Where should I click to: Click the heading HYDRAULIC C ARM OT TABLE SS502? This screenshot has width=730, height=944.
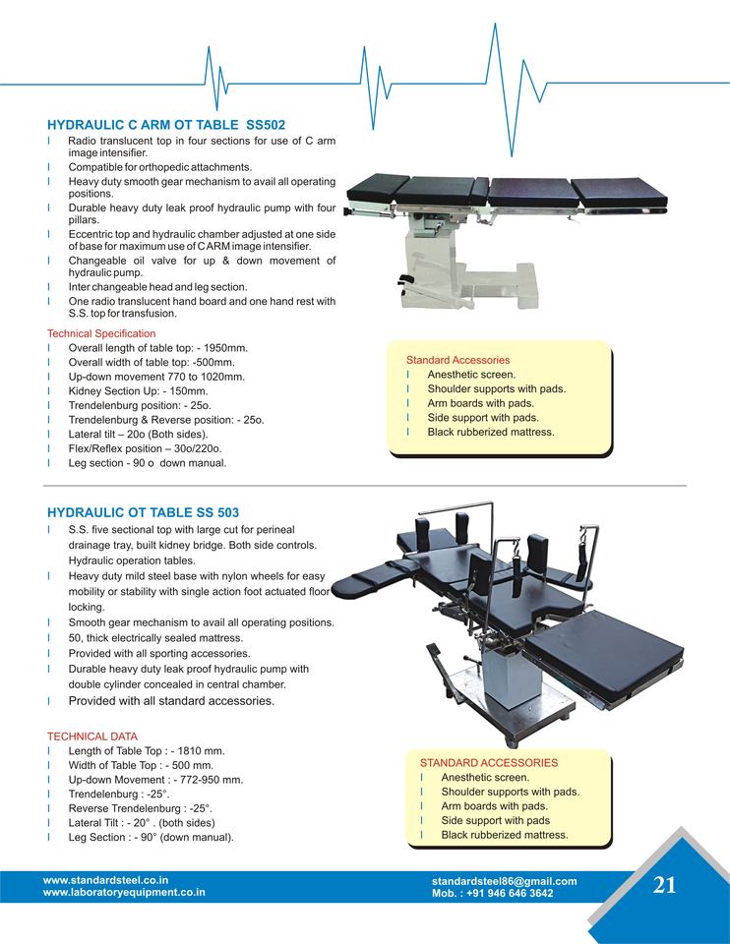pyautogui.click(x=166, y=125)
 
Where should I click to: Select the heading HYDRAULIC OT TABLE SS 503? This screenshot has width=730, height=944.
pyautogui.click(x=143, y=512)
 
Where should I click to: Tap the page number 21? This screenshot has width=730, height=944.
pyautogui.click(x=664, y=884)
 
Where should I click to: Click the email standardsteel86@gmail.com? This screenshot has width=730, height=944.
pyautogui.click(x=504, y=881)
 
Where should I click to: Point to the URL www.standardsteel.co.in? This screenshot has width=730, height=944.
pyautogui.click(x=106, y=881)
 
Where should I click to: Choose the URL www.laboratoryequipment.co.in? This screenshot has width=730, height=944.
pyautogui.click(x=124, y=893)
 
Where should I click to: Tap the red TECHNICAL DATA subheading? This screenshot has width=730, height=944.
pyautogui.click(x=92, y=736)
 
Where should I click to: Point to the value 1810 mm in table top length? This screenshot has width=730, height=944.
pyautogui.click(x=207, y=750)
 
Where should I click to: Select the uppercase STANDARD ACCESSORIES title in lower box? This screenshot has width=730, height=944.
pyautogui.click(x=488, y=762)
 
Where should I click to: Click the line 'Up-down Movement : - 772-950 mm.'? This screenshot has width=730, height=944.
pyautogui.click(x=154, y=779)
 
